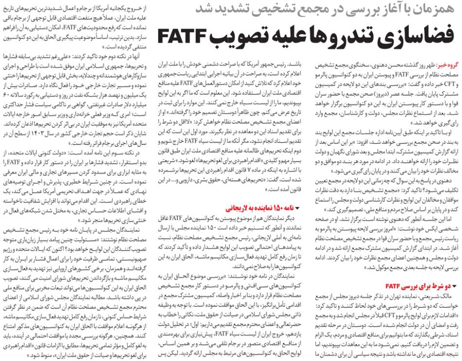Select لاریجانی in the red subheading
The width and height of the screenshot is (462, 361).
pyautogui.click(x=238, y=208)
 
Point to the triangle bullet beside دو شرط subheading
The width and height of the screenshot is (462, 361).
pyautogui.click(x=455, y=286)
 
